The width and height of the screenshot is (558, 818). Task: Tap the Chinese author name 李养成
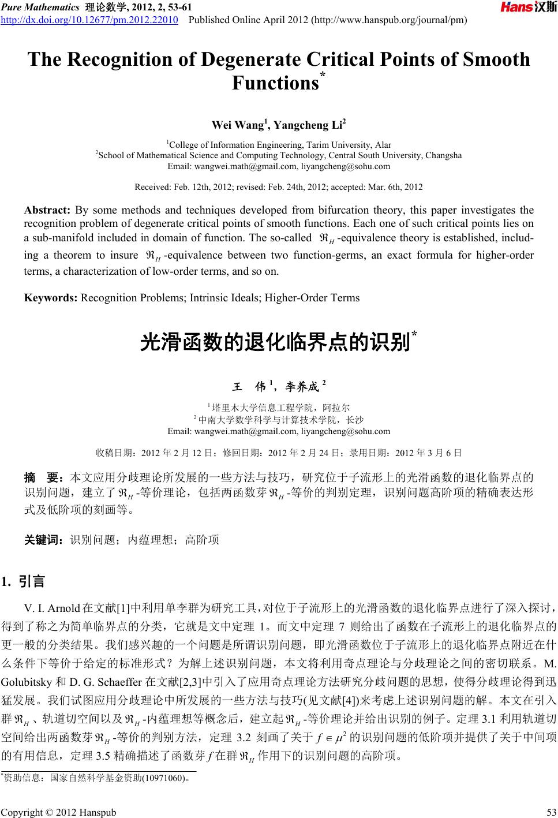click(303, 386)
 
